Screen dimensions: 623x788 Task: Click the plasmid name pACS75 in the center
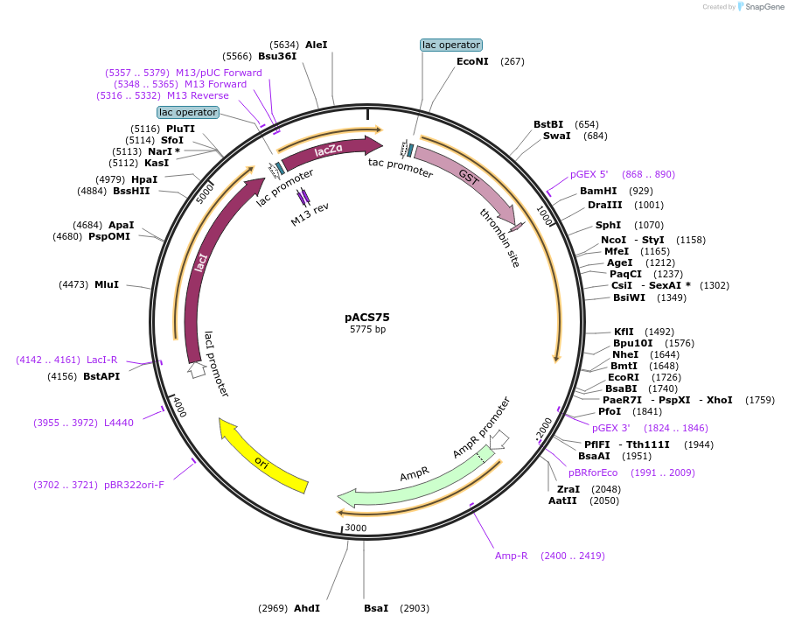click(x=367, y=318)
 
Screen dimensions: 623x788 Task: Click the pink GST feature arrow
click(x=464, y=180)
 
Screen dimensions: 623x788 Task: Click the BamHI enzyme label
click(x=598, y=191)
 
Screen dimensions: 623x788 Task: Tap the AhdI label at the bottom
click(x=307, y=608)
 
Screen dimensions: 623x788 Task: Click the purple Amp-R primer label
click(x=512, y=556)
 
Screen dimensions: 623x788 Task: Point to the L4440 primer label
click(x=118, y=423)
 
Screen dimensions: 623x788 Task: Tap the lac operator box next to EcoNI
click(x=450, y=45)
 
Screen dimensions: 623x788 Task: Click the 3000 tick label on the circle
click(x=356, y=528)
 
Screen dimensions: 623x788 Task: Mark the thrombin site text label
click(x=499, y=235)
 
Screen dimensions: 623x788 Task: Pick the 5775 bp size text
click(x=367, y=330)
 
